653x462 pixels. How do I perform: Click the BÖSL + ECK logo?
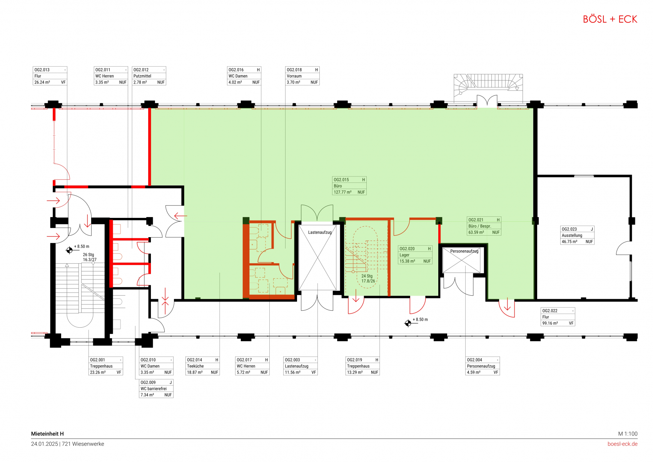point(610,19)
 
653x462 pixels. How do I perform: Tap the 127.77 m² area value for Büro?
point(342,192)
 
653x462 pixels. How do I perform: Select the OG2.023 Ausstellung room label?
point(577,235)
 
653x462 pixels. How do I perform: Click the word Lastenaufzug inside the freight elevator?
point(320,233)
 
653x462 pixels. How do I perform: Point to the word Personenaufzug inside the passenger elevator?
point(464,251)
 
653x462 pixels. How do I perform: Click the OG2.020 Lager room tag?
point(415,255)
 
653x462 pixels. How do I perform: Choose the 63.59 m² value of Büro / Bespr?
point(476,233)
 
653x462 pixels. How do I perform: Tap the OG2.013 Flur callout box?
point(50,76)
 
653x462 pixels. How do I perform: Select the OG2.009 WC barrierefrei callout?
point(156,388)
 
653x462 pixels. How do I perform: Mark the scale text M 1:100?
point(628,434)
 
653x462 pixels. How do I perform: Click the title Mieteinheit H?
point(47,434)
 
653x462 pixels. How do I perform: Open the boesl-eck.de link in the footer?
point(622,444)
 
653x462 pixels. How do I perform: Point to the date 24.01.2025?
point(44,444)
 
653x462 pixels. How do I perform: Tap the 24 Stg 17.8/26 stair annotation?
point(368,278)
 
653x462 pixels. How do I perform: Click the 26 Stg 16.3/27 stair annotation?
point(90,257)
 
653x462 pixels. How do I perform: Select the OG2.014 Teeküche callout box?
point(203,366)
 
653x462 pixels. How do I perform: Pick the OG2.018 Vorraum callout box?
point(302,76)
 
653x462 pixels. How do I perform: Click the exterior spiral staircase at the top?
point(488,85)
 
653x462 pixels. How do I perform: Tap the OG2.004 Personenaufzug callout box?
point(483,366)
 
